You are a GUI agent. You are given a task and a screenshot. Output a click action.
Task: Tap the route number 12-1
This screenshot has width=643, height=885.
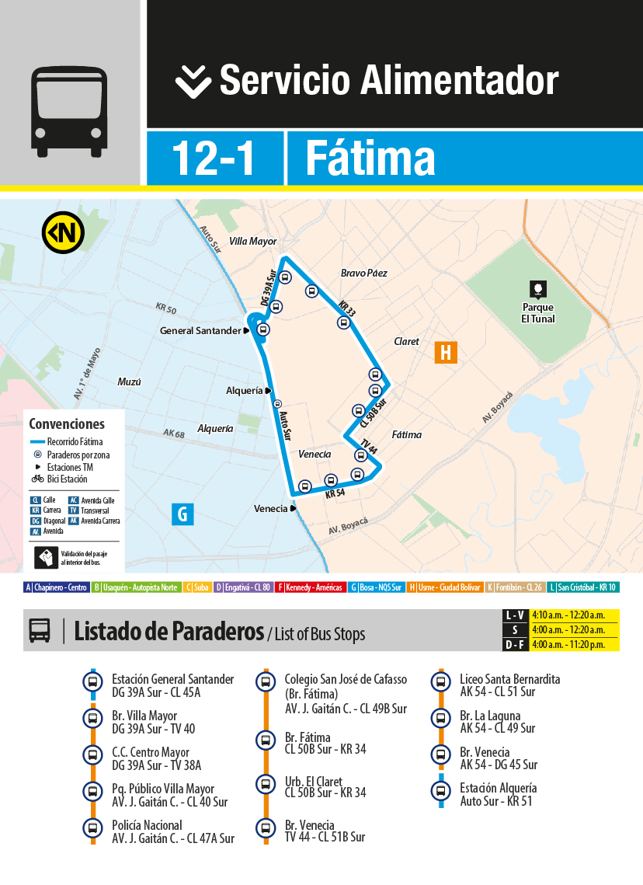213,159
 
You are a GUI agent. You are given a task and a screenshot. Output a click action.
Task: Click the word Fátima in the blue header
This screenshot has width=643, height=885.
370,159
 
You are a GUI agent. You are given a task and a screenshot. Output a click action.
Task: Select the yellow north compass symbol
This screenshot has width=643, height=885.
63,232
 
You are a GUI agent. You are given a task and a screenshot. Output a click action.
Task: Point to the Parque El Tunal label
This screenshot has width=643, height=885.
537,312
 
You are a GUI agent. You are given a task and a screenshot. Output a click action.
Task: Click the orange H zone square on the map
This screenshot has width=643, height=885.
446,352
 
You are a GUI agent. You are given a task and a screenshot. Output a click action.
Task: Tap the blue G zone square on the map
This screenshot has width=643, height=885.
182,514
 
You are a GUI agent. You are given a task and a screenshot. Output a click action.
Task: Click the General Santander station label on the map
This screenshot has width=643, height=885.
200,331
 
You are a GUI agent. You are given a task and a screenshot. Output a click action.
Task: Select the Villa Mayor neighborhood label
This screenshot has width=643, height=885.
252,242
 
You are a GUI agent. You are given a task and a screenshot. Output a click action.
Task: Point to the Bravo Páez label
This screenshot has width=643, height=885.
363,274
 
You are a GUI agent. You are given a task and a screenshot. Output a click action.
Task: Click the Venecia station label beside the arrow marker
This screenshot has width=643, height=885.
270,509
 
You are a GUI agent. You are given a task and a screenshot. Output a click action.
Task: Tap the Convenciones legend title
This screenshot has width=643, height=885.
67,424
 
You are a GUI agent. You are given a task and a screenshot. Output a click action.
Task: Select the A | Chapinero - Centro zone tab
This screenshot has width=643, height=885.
57,587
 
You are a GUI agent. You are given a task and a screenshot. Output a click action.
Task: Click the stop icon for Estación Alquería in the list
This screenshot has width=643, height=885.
441,792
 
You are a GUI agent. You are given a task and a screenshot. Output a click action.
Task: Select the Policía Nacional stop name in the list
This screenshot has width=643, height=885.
147,825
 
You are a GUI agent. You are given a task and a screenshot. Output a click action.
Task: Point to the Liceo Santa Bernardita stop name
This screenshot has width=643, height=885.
509,679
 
